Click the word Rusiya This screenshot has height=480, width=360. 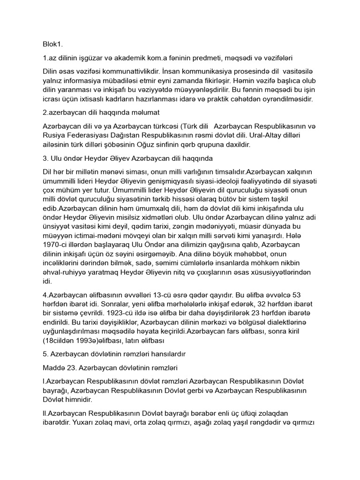(54, 135)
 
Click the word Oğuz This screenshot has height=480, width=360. (185, 144)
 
